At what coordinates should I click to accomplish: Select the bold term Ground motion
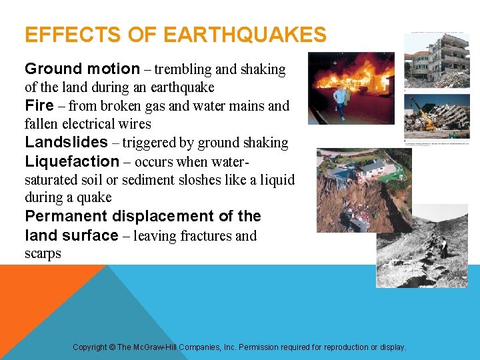click(83, 69)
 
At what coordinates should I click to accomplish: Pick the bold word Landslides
click(66, 142)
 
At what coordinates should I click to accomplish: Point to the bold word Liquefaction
click(71, 161)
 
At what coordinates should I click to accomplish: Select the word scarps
click(43, 253)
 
